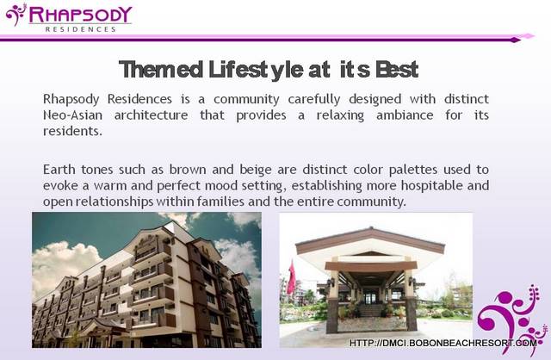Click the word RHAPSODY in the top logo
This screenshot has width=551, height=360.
[80, 15]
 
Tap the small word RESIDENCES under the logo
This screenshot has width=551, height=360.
[80, 29]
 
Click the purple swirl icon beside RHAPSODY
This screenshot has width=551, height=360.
[16, 14]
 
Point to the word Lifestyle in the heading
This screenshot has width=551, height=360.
[256, 69]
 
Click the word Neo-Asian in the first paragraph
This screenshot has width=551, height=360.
[72, 115]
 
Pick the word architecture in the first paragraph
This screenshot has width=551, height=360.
[152, 115]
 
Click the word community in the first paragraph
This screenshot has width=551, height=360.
[246, 100]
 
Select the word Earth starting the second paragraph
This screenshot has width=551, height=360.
[59, 170]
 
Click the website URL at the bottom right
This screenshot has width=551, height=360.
[443, 343]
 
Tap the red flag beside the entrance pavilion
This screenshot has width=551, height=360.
[291, 277]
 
